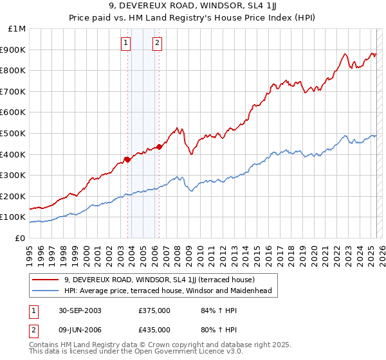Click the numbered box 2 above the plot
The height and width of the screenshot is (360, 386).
click(x=157, y=44)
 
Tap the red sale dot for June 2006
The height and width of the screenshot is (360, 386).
click(x=159, y=147)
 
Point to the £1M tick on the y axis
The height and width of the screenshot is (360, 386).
click(x=17, y=29)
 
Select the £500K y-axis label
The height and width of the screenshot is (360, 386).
click(x=14, y=133)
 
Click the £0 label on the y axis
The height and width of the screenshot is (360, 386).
click(x=20, y=238)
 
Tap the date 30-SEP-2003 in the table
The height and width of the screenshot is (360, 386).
click(x=79, y=310)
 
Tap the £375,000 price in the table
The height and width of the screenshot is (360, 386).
click(x=154, y=310)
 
